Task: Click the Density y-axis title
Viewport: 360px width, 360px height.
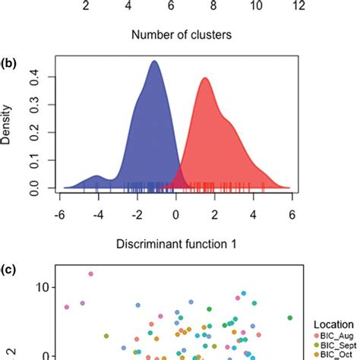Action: [7, 126]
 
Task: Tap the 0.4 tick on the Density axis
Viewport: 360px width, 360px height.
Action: [35, 77]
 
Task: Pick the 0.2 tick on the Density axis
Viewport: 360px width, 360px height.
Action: [35, 132]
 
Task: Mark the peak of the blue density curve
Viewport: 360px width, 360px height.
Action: [155, 62]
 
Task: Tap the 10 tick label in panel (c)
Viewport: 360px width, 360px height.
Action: [40, 287]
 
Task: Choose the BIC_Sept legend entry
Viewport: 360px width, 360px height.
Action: [336, 345]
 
